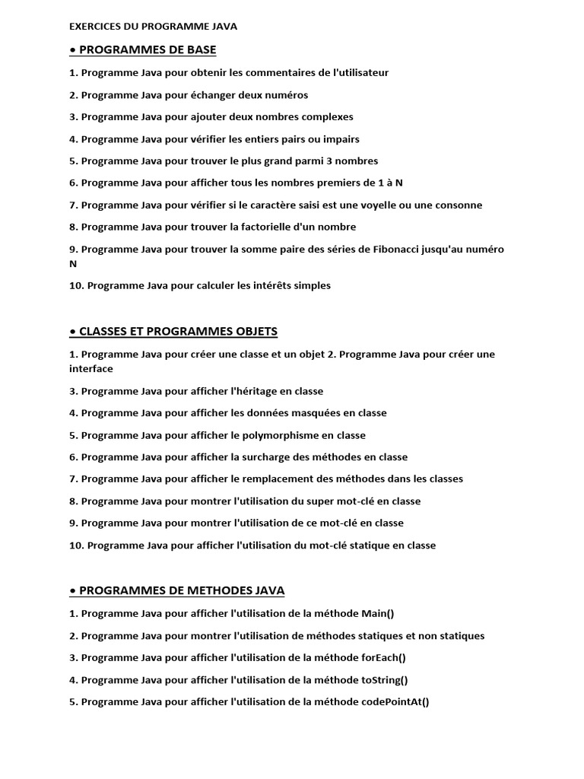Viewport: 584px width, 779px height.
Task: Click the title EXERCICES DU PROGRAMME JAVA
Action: [x=153, y=26]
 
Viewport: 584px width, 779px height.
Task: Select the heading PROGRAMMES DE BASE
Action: [x=148, y=50]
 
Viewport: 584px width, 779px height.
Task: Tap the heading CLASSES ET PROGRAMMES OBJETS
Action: [x=178, y=332]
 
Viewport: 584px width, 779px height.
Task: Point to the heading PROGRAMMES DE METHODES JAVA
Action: [x=182, y=590]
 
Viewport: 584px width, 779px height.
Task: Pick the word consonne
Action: [x=459, y=205]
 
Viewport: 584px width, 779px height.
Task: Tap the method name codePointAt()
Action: [x=392, y=702]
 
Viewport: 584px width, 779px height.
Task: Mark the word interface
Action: [x=90, y=369]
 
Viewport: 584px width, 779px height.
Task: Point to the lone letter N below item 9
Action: [x=73, y=264]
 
